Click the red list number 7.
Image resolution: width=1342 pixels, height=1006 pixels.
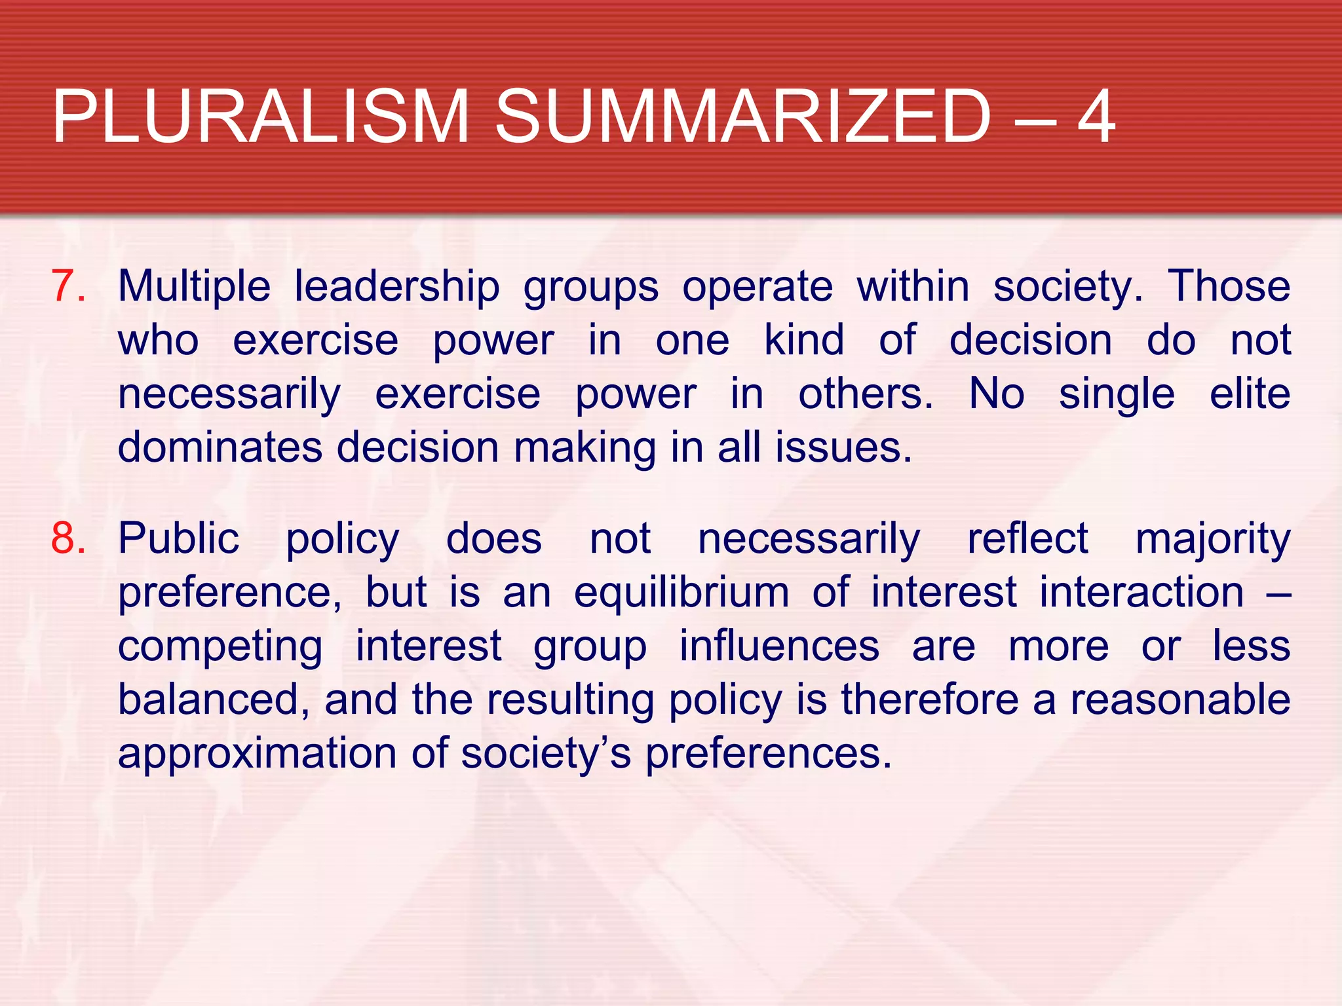67,287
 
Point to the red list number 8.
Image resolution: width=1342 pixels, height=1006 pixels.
68,538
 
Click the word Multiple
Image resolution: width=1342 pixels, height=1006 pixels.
194,287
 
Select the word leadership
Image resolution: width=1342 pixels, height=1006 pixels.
396,287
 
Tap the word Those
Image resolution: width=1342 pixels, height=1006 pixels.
1229,287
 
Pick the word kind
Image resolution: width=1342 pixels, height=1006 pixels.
804,341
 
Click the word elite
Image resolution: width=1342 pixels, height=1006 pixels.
1250,394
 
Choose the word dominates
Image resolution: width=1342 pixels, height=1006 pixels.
220,448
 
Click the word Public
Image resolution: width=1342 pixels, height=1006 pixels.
178,538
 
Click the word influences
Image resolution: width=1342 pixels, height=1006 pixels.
779,646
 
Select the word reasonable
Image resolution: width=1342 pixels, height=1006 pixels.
1180,699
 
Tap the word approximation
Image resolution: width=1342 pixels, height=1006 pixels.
257,753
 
